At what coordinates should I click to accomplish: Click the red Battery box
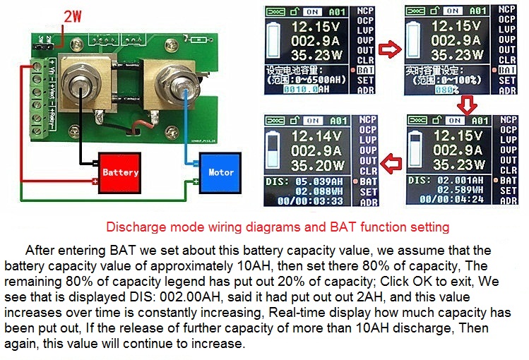pyautogui.click(x=119, y=172)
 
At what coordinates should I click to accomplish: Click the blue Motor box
pyautogui.click(x=220, y=172)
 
